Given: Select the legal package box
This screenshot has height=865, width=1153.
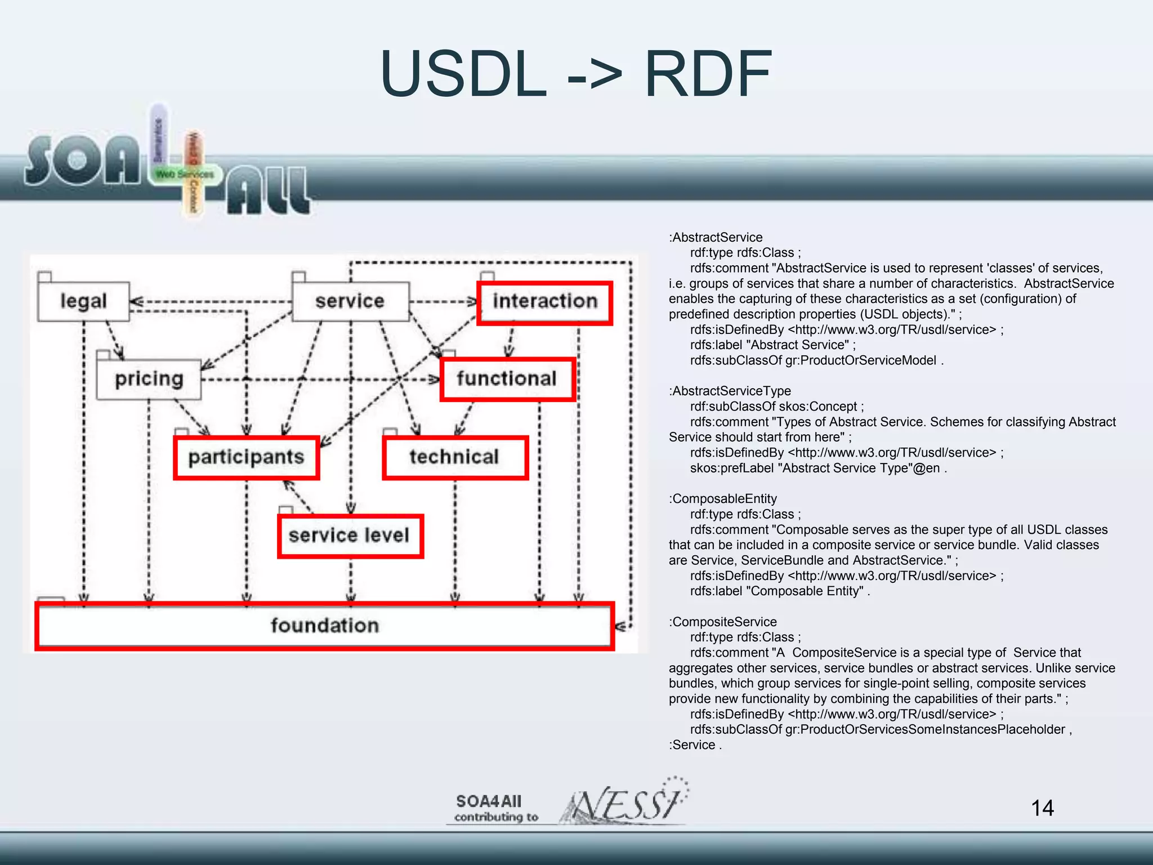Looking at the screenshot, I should (x=83, y=301).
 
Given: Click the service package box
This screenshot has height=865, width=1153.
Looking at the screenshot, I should (x=350, y=301).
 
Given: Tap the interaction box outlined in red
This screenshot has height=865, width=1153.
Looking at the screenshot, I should (x=544, y=302).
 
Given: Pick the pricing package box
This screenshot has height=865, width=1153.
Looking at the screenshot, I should (x=149, y=379).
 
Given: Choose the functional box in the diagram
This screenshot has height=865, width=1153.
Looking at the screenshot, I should (x=507, y=379).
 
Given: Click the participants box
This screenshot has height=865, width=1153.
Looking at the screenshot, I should (x=246, y=457).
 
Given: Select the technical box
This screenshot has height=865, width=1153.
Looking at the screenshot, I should (x=454, y=457).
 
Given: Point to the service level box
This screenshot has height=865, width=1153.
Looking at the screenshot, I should (x=350, y=536).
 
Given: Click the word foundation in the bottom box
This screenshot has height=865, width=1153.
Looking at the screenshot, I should (x=325, y=626).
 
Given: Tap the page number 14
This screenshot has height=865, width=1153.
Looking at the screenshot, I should (x=1042, y=808).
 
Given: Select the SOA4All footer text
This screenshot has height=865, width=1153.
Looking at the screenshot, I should (x=489, y=801).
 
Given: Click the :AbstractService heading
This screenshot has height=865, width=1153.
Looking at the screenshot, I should (x=716, y=238).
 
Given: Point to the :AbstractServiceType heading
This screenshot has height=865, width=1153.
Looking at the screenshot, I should (x=730, y=391).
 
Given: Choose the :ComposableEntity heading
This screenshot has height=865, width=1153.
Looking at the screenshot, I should (x=723, y=499).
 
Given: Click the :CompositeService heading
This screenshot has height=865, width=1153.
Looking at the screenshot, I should (x=723, y=622).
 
